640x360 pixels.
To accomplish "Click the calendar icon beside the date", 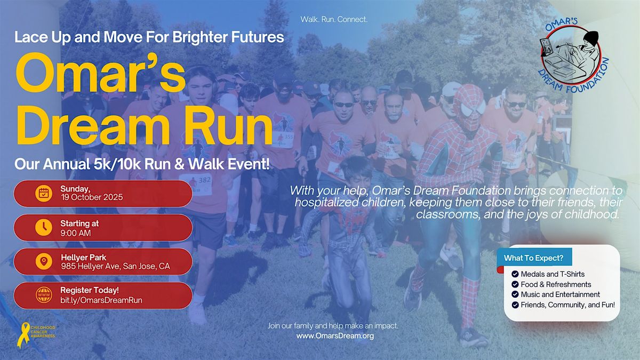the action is pos(44,194).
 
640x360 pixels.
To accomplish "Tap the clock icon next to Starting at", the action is pos(44,228).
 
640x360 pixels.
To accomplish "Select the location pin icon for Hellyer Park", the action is pos(44,261).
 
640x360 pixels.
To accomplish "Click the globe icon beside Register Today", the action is pos(44,295).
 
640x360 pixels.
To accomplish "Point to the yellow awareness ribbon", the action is pos(23,334).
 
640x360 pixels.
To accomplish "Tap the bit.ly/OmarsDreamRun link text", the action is pos(101,300).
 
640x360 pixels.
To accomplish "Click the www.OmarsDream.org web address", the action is pos(335,335).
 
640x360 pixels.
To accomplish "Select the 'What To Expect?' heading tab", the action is pos(534,258).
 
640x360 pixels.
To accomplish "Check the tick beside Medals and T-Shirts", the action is pos(515,274).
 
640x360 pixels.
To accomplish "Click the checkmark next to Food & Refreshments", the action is pos(515,285).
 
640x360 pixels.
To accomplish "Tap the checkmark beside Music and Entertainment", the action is pos(515,294).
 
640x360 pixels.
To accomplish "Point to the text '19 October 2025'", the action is pos(92,197).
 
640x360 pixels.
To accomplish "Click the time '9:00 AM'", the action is pos(75,233).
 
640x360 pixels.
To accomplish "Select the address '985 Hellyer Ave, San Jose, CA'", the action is pos(115,266).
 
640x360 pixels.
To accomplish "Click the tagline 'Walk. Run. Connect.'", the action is pos(334,19).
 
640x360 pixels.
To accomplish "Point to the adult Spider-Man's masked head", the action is pos(469,107).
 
